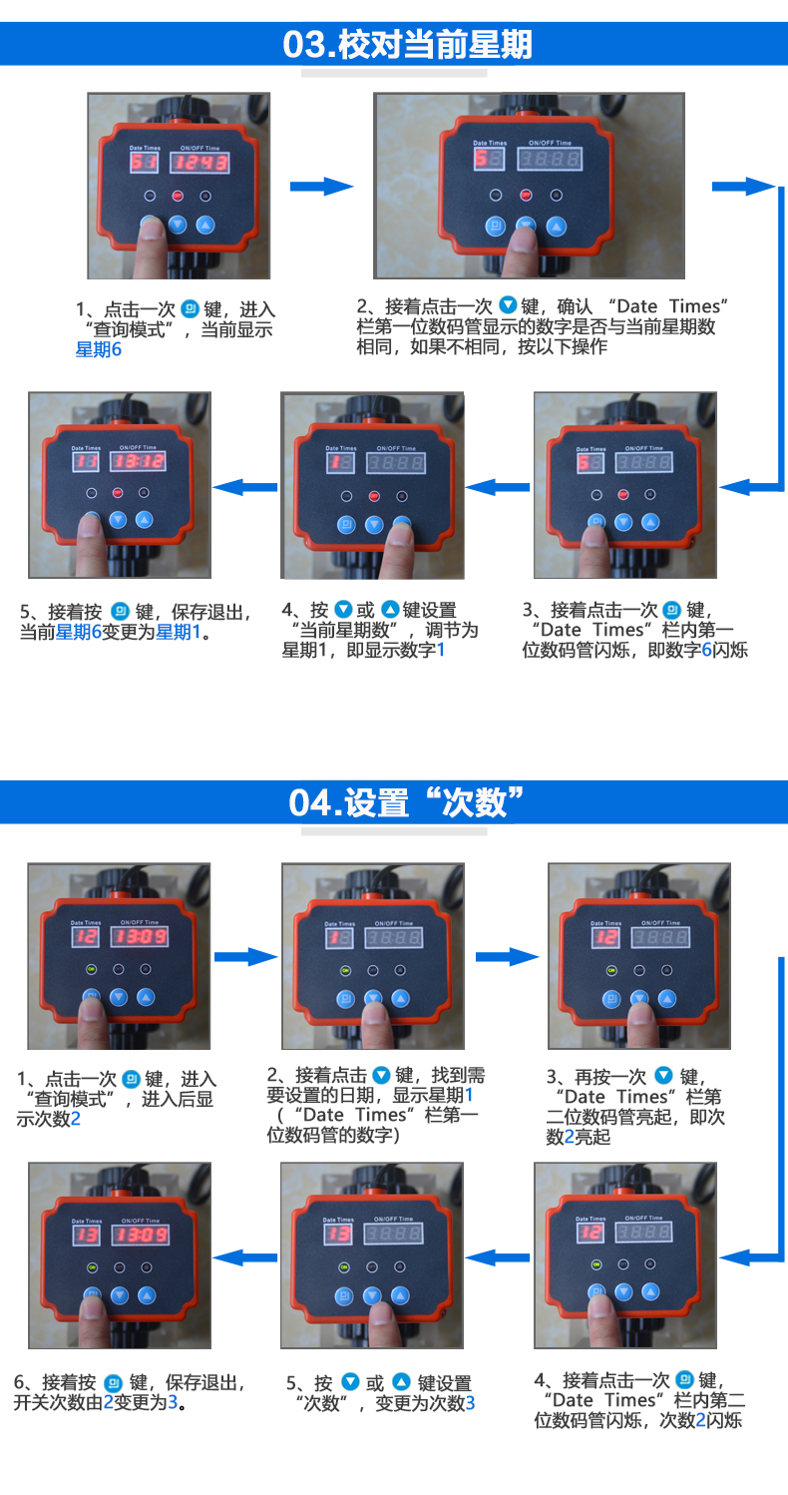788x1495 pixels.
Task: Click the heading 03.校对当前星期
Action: click(407, 45)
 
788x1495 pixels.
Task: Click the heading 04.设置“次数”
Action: click(406, 801)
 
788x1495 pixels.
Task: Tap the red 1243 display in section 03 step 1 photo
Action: click(202, 163)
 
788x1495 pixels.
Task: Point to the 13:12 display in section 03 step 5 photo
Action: click(139, 461)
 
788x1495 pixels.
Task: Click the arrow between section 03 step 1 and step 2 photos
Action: click(321, 187)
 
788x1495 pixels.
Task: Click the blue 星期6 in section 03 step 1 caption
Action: click(99, 349)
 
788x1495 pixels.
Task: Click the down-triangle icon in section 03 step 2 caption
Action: click(508, 305)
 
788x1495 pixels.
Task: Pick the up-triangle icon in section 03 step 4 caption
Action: click(390, 609)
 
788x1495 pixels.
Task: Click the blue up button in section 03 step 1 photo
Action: click(205, 225)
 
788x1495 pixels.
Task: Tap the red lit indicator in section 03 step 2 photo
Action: click(527, 195)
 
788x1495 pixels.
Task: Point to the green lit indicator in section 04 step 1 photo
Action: click(92, 969)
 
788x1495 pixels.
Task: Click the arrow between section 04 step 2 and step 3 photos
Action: click(506, 957)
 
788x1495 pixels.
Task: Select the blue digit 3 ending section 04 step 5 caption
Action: click(470, 1403)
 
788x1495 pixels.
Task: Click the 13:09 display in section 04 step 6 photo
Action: click(140, 1236)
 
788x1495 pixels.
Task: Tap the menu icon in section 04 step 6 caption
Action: click(113, 1383)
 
